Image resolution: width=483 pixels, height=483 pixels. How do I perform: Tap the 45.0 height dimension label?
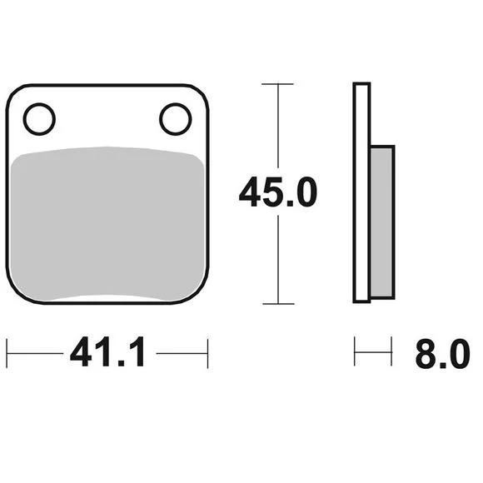(278, 192)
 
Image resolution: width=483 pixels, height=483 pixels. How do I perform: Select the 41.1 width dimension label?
(107, 351)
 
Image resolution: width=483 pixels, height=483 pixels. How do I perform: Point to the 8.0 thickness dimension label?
(443, 354)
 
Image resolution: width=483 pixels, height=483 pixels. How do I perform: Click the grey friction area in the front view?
(107, 223)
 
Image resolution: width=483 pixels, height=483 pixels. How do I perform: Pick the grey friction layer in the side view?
(382, 222)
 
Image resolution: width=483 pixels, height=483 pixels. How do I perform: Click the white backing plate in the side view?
(361, 193)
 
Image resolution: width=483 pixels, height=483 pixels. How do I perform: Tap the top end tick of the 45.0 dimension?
(277, 84)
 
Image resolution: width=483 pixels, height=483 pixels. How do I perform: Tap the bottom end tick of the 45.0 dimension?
(278, 304)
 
